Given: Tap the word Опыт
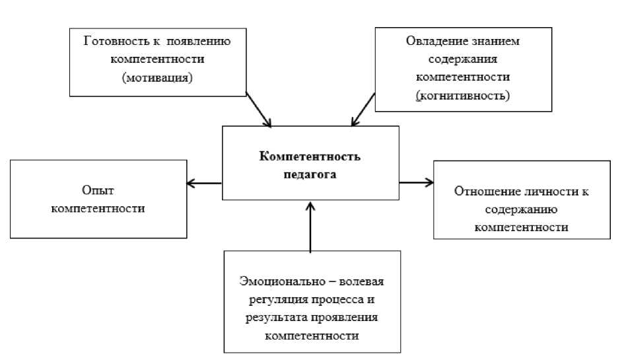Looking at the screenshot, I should [x=101, y=190].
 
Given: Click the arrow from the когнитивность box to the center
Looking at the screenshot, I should [x=363, y=110].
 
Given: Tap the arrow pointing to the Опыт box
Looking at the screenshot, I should [x=203, y=183].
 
